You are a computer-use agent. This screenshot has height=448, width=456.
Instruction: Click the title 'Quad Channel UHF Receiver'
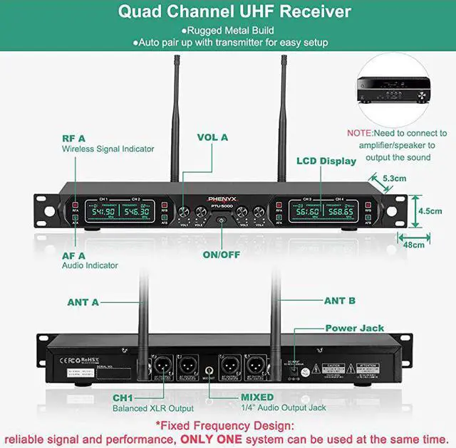(234, 12)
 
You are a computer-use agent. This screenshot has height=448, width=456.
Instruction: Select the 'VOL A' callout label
(212, 137)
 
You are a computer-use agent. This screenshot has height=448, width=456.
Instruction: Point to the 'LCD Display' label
(326, 161)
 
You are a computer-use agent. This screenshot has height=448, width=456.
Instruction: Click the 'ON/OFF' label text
(222, 254)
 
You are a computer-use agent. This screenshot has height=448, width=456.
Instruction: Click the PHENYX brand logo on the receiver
(222, 200)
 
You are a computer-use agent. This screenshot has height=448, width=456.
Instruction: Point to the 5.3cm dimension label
(395, 178)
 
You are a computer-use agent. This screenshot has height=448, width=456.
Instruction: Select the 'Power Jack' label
(354, 329)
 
